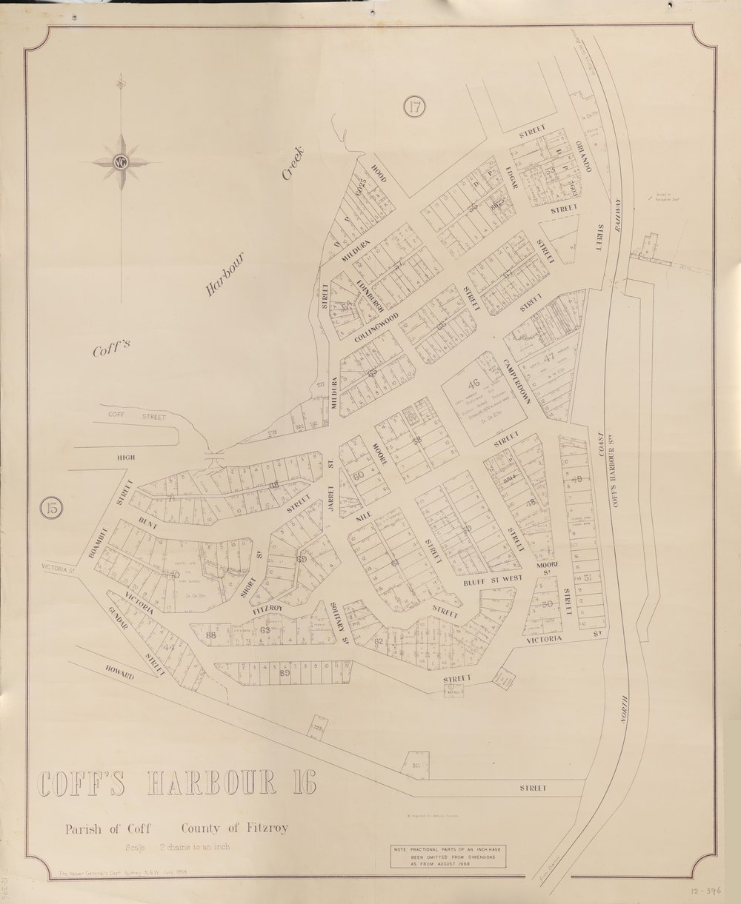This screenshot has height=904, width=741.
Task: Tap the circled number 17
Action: point(415,107)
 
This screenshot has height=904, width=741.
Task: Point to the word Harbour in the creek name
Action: point(225,276)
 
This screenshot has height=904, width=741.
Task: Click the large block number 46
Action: point(474,383)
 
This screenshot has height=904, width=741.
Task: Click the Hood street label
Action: point(380,172)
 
